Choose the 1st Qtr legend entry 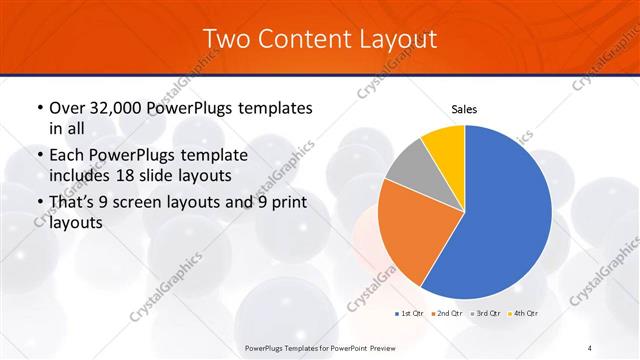(x=408, y=314)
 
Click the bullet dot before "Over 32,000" (x=38, y=108)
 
